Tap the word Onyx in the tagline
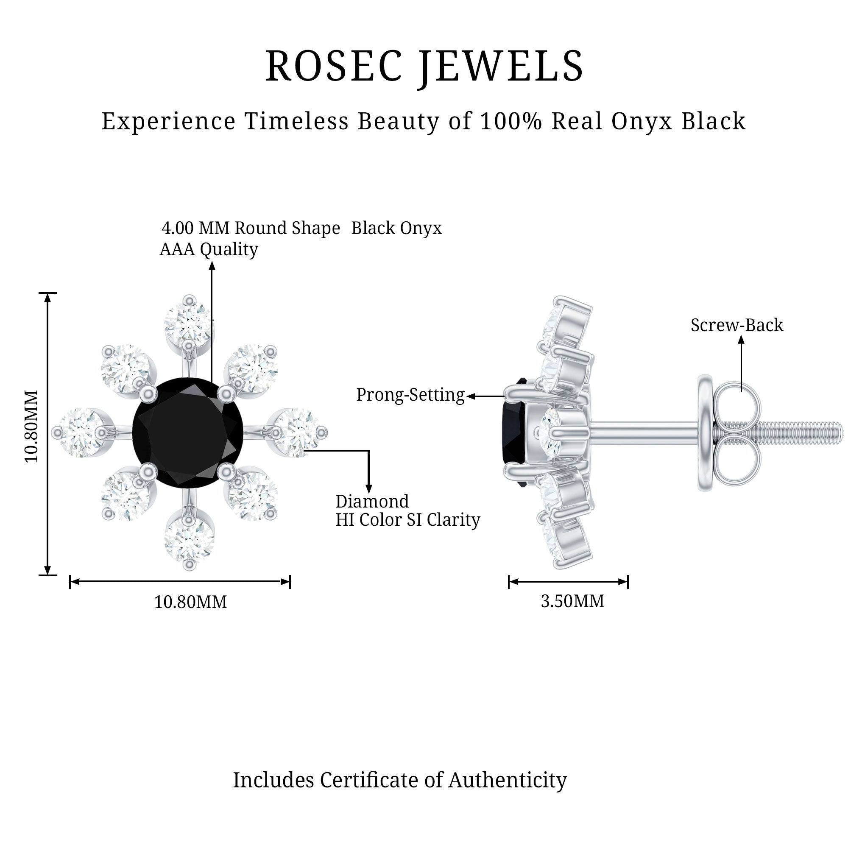641,122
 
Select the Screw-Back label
736,325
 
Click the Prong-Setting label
410,395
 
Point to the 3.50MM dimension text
572,601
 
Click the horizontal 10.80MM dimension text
190,602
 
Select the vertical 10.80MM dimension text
32,426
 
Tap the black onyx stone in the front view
188,433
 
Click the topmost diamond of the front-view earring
188,324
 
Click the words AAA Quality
209,249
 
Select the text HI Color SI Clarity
408,520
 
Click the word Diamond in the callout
372,501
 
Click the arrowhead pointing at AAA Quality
212,265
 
